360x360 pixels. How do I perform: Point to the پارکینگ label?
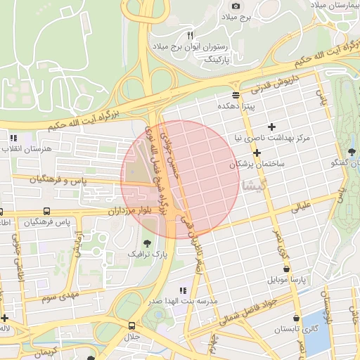click(213, 60)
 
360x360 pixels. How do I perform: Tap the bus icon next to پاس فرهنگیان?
click(46, 211)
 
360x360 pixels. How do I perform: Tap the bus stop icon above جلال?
click(131, 326)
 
